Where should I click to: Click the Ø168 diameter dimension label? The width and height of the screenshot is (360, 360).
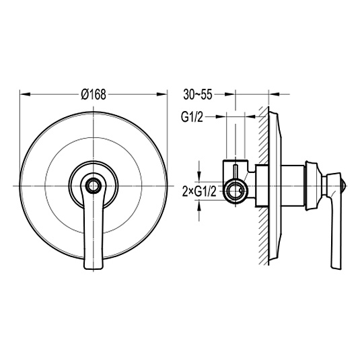tap(94, 94)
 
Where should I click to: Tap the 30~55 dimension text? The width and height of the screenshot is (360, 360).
tap(198, 94)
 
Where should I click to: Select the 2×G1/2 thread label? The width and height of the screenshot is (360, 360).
tap(199, 192)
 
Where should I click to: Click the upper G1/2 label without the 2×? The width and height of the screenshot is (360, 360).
tap(192, 117)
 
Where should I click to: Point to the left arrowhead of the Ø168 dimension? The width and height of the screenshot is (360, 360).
tap(25, 94)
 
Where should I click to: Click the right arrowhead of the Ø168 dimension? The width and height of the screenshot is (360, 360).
tap(161, 94)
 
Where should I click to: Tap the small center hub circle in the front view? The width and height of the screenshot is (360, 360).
tap(94, 186)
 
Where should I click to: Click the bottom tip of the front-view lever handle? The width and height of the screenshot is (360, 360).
tap(94, 268)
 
